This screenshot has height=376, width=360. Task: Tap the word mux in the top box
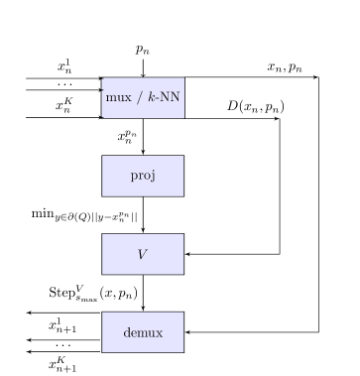point(118,97)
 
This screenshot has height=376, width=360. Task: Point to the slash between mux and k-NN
point(138,97)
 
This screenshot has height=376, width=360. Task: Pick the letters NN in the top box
point(170,97)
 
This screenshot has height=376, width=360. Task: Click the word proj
point(143,176)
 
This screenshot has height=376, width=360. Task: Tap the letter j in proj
point(154,177)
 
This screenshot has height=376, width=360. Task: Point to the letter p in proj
point(134,177)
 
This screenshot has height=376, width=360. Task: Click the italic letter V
point(142,254)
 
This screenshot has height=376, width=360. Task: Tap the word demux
point(143,332)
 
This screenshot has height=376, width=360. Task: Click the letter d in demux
point(127,332)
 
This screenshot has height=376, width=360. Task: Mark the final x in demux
point(159,332)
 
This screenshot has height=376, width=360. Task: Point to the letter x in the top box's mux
point(128,97)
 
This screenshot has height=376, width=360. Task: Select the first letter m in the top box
point(110,97)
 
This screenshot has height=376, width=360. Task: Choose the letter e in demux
point(134,332)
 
